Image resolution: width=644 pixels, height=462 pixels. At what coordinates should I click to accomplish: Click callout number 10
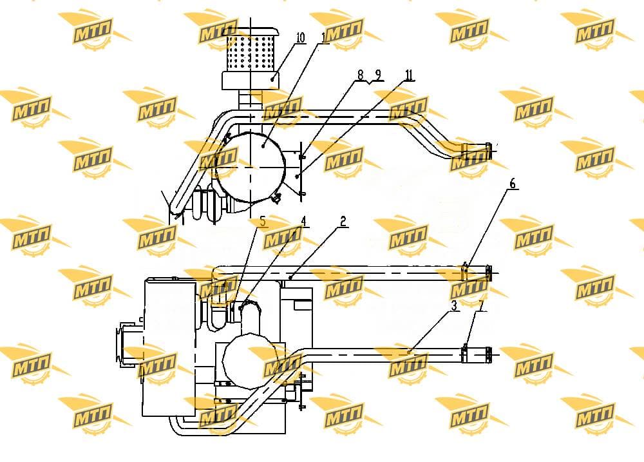pos(300,38)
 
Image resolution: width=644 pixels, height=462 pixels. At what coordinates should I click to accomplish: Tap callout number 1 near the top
pos(324,38)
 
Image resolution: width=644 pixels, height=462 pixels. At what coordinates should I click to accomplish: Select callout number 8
pos(360,75)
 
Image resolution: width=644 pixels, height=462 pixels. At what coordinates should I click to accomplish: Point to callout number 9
pos(378,75)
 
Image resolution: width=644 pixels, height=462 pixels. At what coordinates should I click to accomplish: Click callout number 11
pos(408,75)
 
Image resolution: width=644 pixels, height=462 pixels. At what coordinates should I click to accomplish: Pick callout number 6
pos(512,184)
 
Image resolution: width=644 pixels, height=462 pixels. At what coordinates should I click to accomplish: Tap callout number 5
pos(263,222)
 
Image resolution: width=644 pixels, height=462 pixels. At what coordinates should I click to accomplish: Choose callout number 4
pos(303,222)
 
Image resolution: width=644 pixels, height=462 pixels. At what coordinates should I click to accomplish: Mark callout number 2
pos(343,222)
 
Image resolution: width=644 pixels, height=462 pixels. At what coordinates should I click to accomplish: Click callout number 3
pos(454,306)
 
